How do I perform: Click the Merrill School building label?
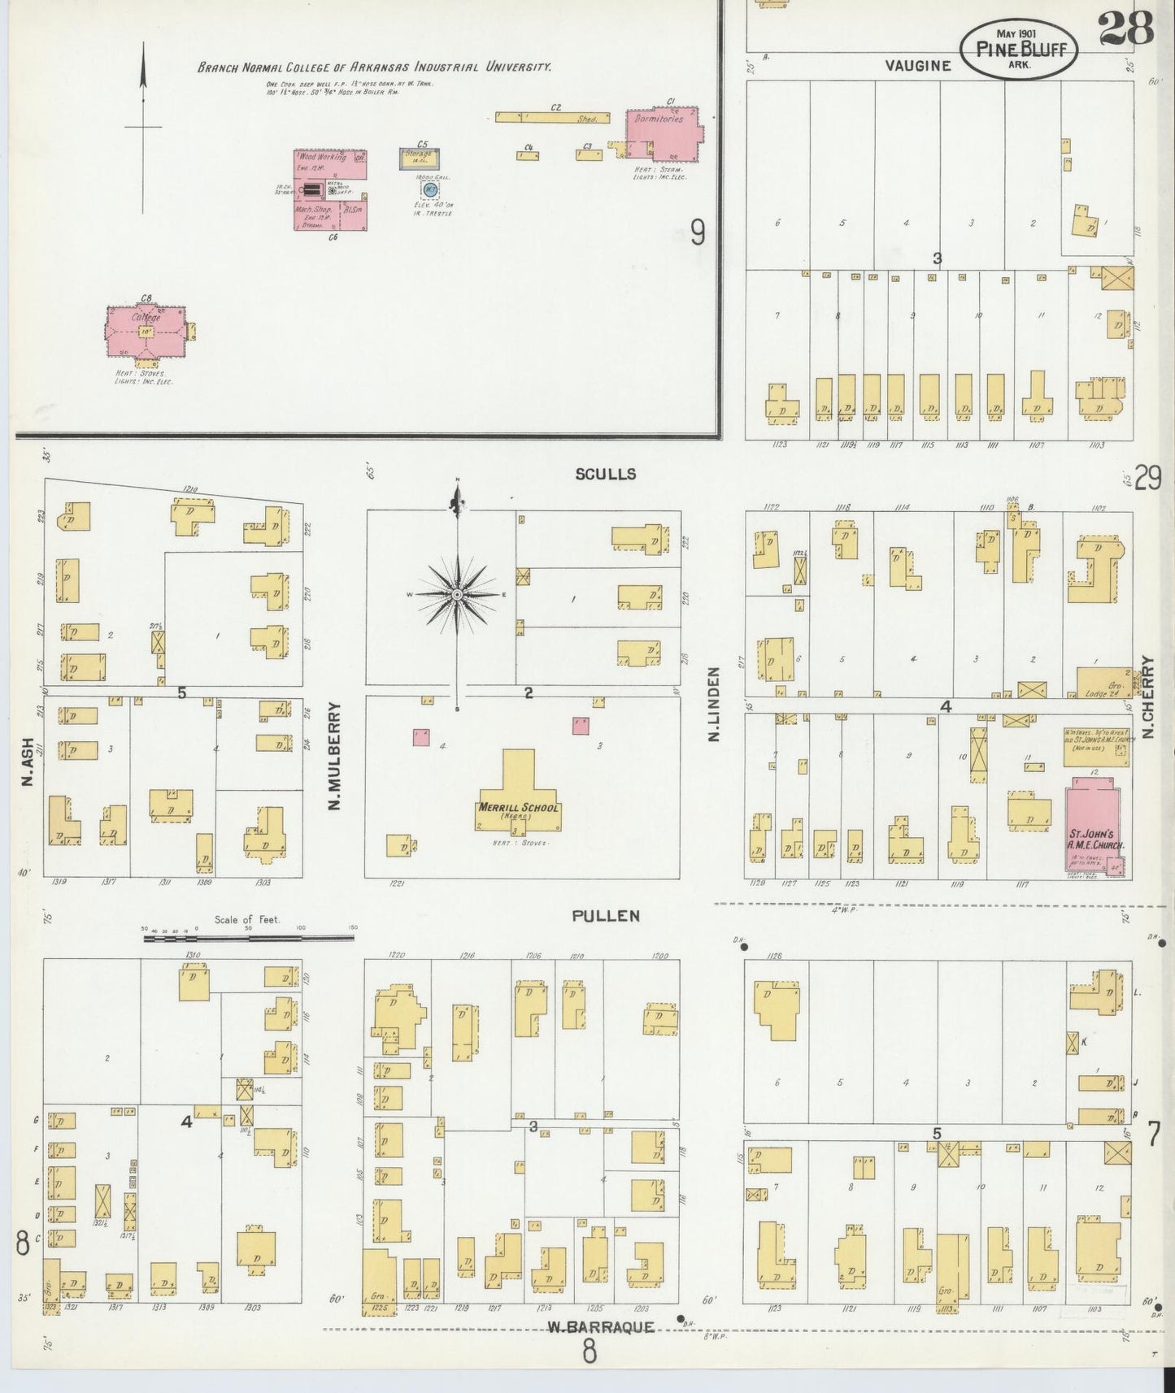pyautogui.click(x=518, y=808)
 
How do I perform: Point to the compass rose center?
pyautogui.click(x=457, y=596)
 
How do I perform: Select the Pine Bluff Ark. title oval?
pyautogui.click(x=1019, y=50)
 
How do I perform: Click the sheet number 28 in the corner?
pyautogui.click(x=1126, y=30)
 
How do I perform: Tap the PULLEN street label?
pyautogui.click(x=605, y=916)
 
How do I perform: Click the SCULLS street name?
pyautogui.click(x=605, y=474)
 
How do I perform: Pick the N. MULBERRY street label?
pyautogui.click(x=333, y=757)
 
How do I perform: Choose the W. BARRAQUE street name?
pyautogui.click(x=600, y=1328)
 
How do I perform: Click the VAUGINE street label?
pyautogui.click(x=918, y=66)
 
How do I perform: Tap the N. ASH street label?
pyautogui.click(x=28, y=762)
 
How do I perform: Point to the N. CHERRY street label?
pyautogui.click(x=1149, y=698)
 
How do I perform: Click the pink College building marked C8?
pyautogui.click(x=146, y=331)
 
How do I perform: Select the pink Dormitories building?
pyautogui.click(x=664, y=134)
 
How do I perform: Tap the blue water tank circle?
pyautogui.click(x=429, y=189)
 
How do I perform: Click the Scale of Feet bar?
pyautogui.click(x=248, y=938)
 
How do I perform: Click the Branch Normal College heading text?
pyautogui.click(x=374, y=67)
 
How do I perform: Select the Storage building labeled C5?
pyautogui.click(x=419, y=158)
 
